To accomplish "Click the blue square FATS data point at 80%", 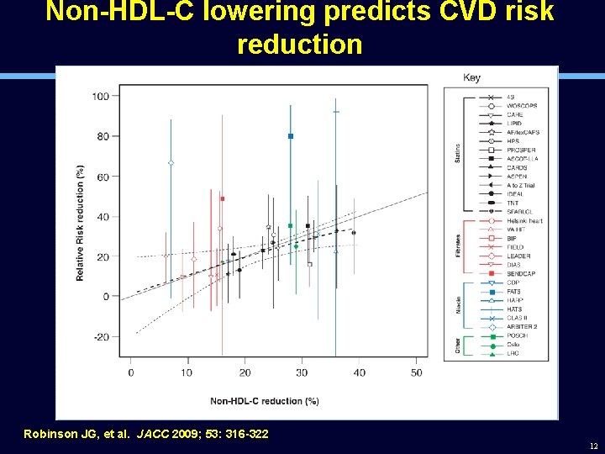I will (x=290, y=136).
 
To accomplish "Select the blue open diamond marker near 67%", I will (x=171, y=163).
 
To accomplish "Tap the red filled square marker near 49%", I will (x=222, y=198).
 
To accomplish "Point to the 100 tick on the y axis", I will (x=101, y=96).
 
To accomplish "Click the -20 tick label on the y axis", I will (x=101, y=337).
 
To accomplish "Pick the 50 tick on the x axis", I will (x=417, y=372).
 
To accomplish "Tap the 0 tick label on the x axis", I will (x=130, y=372).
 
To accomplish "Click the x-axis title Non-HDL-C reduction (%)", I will (x=264, y=401).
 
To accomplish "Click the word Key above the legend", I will (x=471, y=78).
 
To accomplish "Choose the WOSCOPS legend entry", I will (x=522, y=106).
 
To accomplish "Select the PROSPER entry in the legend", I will (x=521, y=150).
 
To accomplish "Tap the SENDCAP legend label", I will (x=521, y=274).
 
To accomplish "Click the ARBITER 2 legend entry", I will (x=522, y=327).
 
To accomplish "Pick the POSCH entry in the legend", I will (x=517, y=335).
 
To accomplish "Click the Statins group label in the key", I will (x=458, y=154).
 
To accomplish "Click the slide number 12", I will (x=593, y=446).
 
